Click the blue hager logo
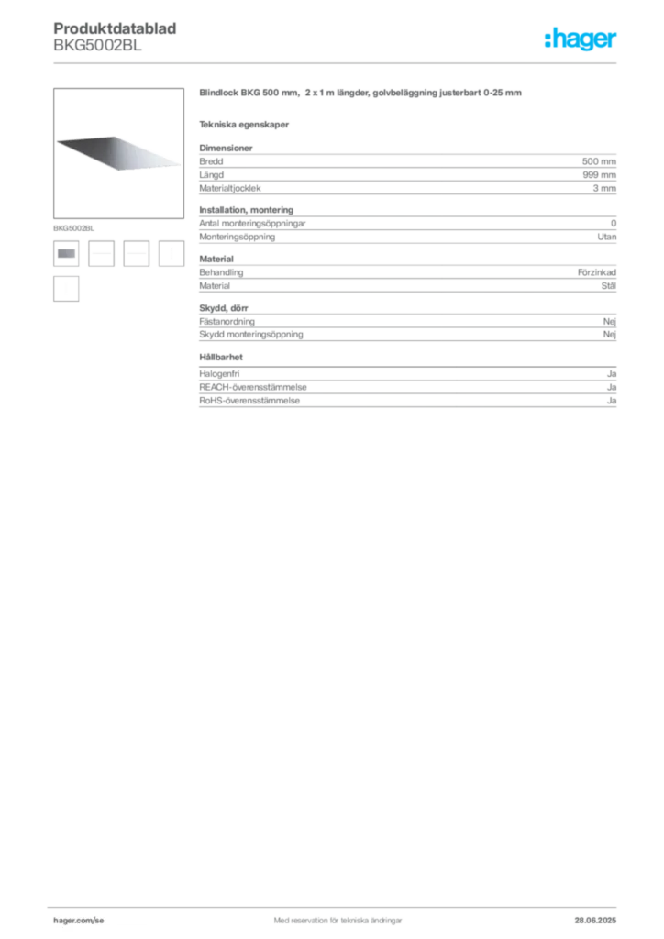coord(581,40)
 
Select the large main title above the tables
coord(363,95)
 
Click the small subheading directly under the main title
coord(246,124)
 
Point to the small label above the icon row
coord(72,226)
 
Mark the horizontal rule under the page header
coord(337,62)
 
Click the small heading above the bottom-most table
coord(225,355)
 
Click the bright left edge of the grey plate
coord(60,140)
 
